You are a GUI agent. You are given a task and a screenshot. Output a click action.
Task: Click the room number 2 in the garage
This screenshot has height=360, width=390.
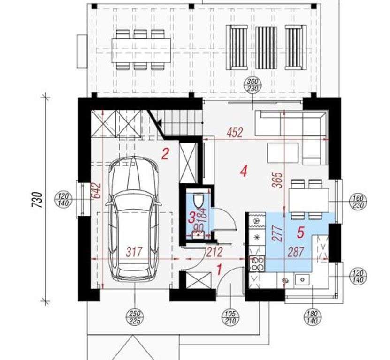(165, 154)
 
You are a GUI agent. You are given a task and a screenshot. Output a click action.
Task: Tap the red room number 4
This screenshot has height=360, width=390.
(244, 171)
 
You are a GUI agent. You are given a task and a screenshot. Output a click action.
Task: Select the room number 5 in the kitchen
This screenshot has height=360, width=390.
(300, 232)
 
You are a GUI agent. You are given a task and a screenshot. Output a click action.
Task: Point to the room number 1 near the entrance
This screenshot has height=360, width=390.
(219, 270)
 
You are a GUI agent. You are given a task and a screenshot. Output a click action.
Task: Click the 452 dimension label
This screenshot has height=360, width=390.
(235, 133)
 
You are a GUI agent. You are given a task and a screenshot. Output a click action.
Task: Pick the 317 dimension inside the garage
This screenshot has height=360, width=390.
(134, 252)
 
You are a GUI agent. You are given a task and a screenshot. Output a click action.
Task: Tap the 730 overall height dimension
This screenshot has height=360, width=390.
(38, 200)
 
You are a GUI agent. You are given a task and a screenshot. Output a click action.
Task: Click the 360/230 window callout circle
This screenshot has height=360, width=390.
(253, 85)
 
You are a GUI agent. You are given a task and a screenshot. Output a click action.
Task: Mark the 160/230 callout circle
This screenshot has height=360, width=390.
(359, 202)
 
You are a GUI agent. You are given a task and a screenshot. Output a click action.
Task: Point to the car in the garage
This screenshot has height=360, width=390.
(134, 218)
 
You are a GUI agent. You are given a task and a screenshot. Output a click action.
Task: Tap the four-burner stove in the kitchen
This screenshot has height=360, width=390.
(257, 263)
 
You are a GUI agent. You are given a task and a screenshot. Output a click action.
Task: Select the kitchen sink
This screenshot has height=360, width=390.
(302, 280)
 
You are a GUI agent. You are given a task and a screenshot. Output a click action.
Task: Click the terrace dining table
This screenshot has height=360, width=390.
(141, 50)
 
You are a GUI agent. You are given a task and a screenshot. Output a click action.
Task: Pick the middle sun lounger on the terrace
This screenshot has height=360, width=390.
(267, 47)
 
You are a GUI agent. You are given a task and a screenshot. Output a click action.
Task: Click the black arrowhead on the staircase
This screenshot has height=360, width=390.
(159, 122)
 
